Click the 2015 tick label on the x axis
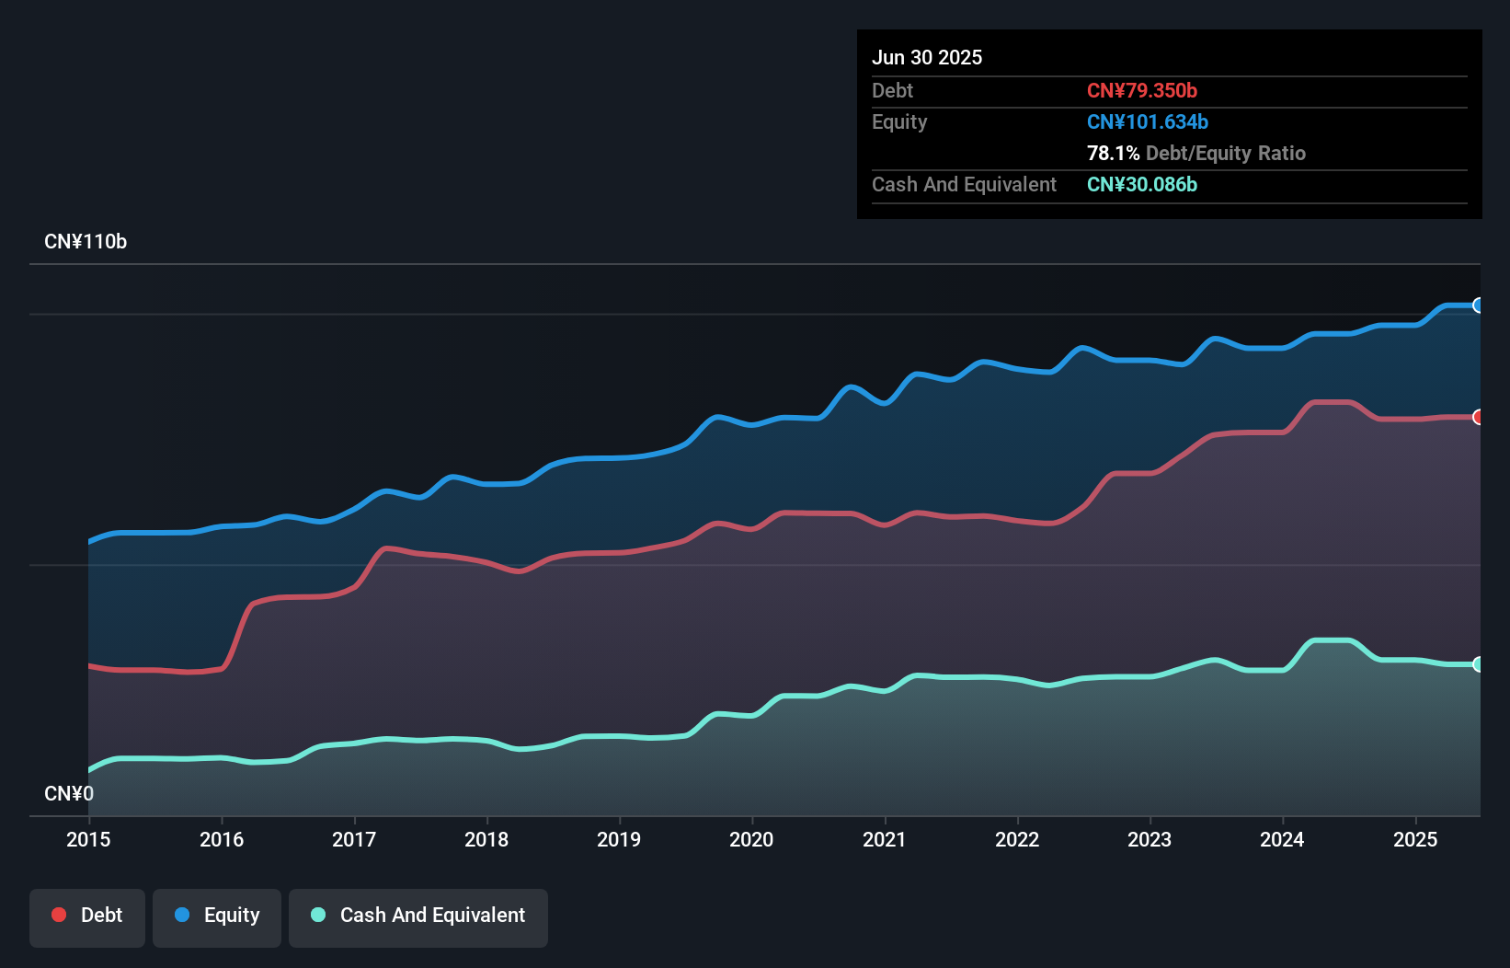tap(88, 839)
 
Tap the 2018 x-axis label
tap(486, 839)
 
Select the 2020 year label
tap(751, 839)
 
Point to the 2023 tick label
tap(1150, 839)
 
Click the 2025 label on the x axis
tap(1415, 839)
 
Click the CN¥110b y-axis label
tap(86, 242)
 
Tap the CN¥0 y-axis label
tap(69, 793)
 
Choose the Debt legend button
tap(87, 916)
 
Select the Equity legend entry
tap(217, 916)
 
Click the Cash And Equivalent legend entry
tap(418, 916)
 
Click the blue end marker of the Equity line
tap(1479, 305)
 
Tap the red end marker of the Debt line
tap(1479, 417)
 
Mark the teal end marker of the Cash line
tap(1479, 664)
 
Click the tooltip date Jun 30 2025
tap(927, 57)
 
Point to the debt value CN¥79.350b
tap(1142, 90)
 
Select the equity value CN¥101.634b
tap(1148, 121)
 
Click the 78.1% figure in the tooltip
tap(1113, 153)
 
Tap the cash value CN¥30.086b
tap(1142, 184)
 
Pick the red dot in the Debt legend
tap(59, 915)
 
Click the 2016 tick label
tap(222, 839)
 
